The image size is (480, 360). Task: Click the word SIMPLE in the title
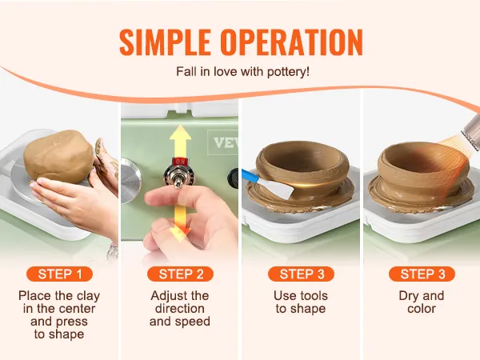click(165, 42)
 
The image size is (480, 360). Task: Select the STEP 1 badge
click(60, 274)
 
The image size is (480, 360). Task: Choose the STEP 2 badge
click(180, 274)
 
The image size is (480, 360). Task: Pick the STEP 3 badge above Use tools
click(302, 274)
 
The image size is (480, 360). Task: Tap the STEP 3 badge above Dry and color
click(422, 274)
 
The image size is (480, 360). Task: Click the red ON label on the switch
click(180, 162)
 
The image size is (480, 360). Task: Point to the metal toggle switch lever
click(178, 182)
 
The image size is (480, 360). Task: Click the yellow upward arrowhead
click(180, 133)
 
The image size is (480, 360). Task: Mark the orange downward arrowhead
click(181, 233)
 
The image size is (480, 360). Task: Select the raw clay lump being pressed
click(58, 157)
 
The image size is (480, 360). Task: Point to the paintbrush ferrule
click(471, 129)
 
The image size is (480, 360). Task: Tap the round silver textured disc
click(130, 181)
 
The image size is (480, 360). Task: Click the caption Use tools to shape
click(301, 302)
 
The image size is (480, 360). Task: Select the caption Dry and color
click(422, 302)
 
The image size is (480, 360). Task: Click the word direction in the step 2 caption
click(180, 309)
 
